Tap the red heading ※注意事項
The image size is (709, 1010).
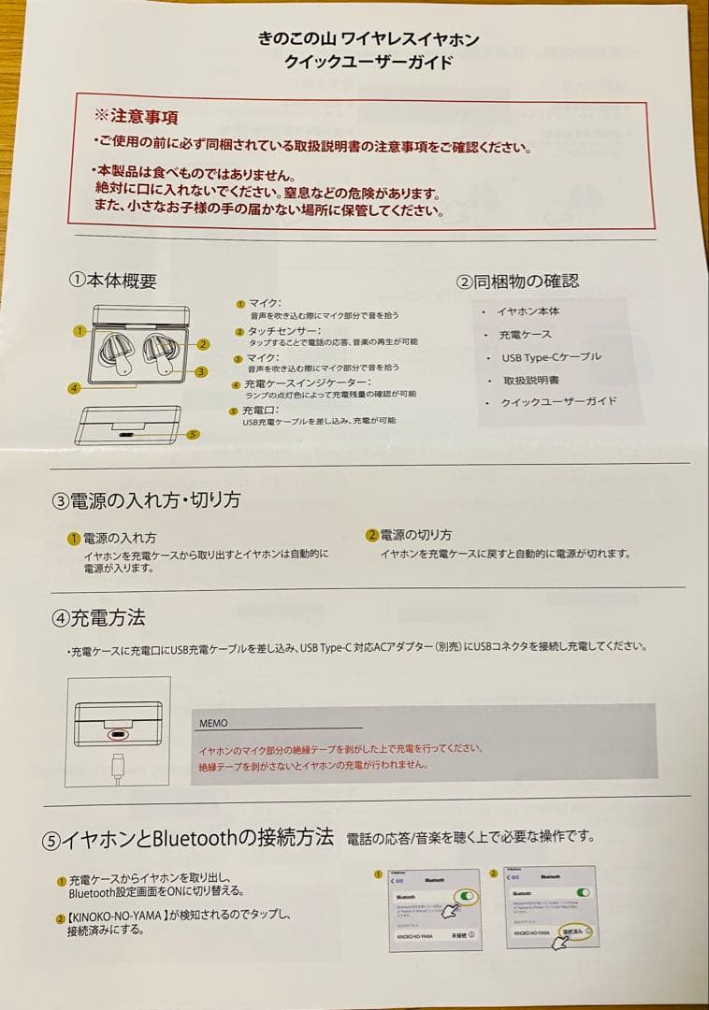137,117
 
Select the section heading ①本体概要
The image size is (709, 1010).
113,281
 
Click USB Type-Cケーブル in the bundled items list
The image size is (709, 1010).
551,357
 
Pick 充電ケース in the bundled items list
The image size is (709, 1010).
526,335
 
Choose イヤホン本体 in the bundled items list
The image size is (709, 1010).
528,311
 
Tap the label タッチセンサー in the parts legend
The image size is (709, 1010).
284,331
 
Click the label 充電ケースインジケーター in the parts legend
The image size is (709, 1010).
307,383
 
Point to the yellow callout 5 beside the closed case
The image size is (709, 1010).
193,434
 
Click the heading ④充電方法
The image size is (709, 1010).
98,618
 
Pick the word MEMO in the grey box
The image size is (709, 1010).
213,723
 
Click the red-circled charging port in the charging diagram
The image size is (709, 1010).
118,734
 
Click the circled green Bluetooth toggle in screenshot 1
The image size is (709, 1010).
465,896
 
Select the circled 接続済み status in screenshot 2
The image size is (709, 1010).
575,932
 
